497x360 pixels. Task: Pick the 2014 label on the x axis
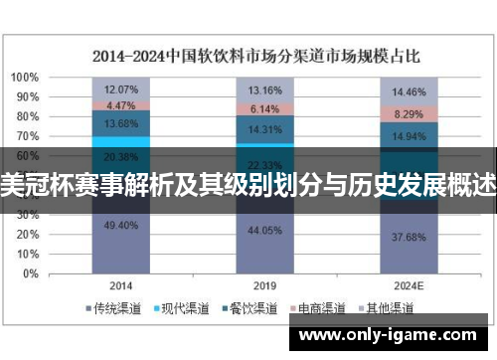click(120, 283)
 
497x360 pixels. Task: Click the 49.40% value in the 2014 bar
click(120, 226)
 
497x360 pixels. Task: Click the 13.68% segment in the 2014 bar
click(120, 122)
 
